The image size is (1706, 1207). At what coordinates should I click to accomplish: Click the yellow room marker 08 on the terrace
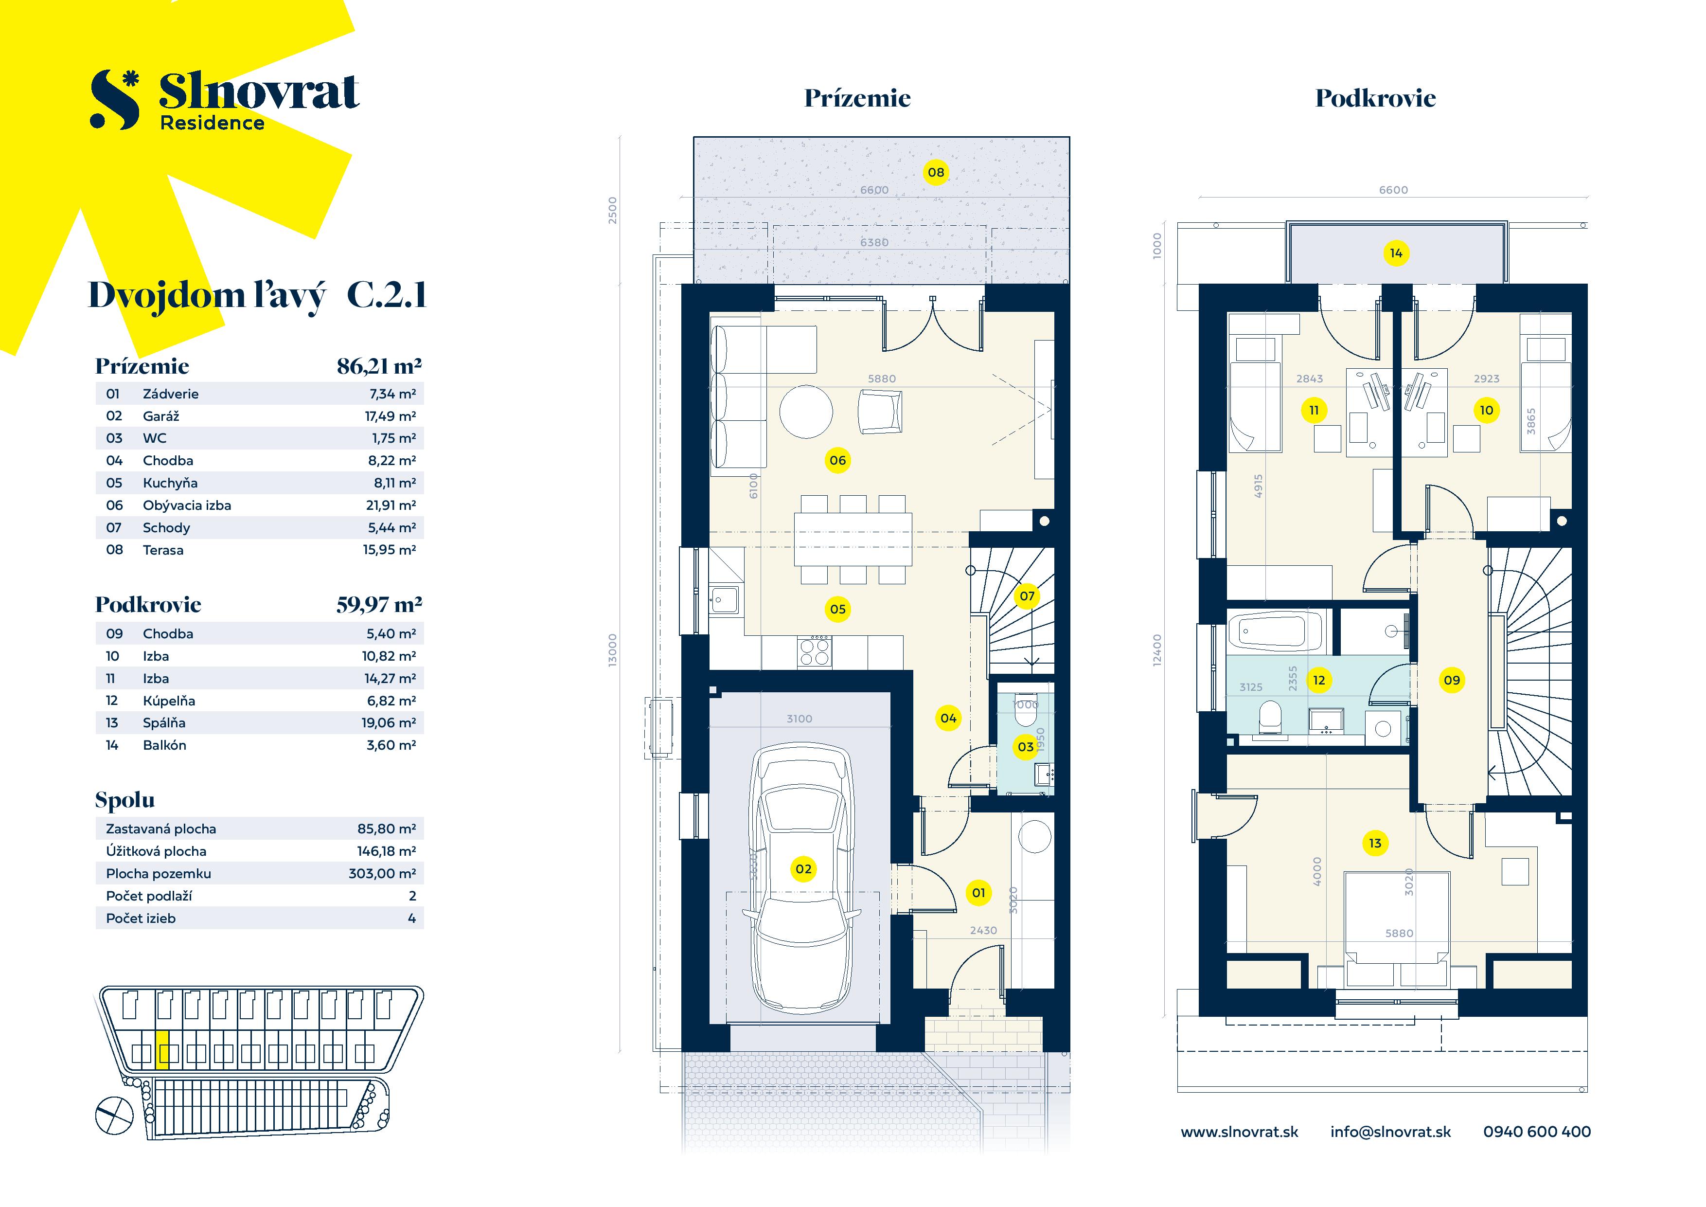pos(936,172)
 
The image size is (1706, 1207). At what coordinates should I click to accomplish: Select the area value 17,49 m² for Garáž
pos(390,416)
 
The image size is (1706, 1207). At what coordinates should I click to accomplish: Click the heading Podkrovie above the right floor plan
pos(1375,98)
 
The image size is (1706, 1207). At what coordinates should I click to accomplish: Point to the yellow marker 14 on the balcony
pos(1395,253)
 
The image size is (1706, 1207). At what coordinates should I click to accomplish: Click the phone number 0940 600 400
pos(1537,1131)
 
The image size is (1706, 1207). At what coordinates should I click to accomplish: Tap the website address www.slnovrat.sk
pos(1239,1131)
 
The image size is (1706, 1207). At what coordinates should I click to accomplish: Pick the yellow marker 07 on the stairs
pos(1027,595)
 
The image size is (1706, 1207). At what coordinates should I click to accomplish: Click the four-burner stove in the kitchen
pos(815,652)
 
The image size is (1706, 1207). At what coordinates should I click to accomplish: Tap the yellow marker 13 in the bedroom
pos(1375,843)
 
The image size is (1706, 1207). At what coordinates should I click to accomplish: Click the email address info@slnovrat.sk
pos(1390,1131)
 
